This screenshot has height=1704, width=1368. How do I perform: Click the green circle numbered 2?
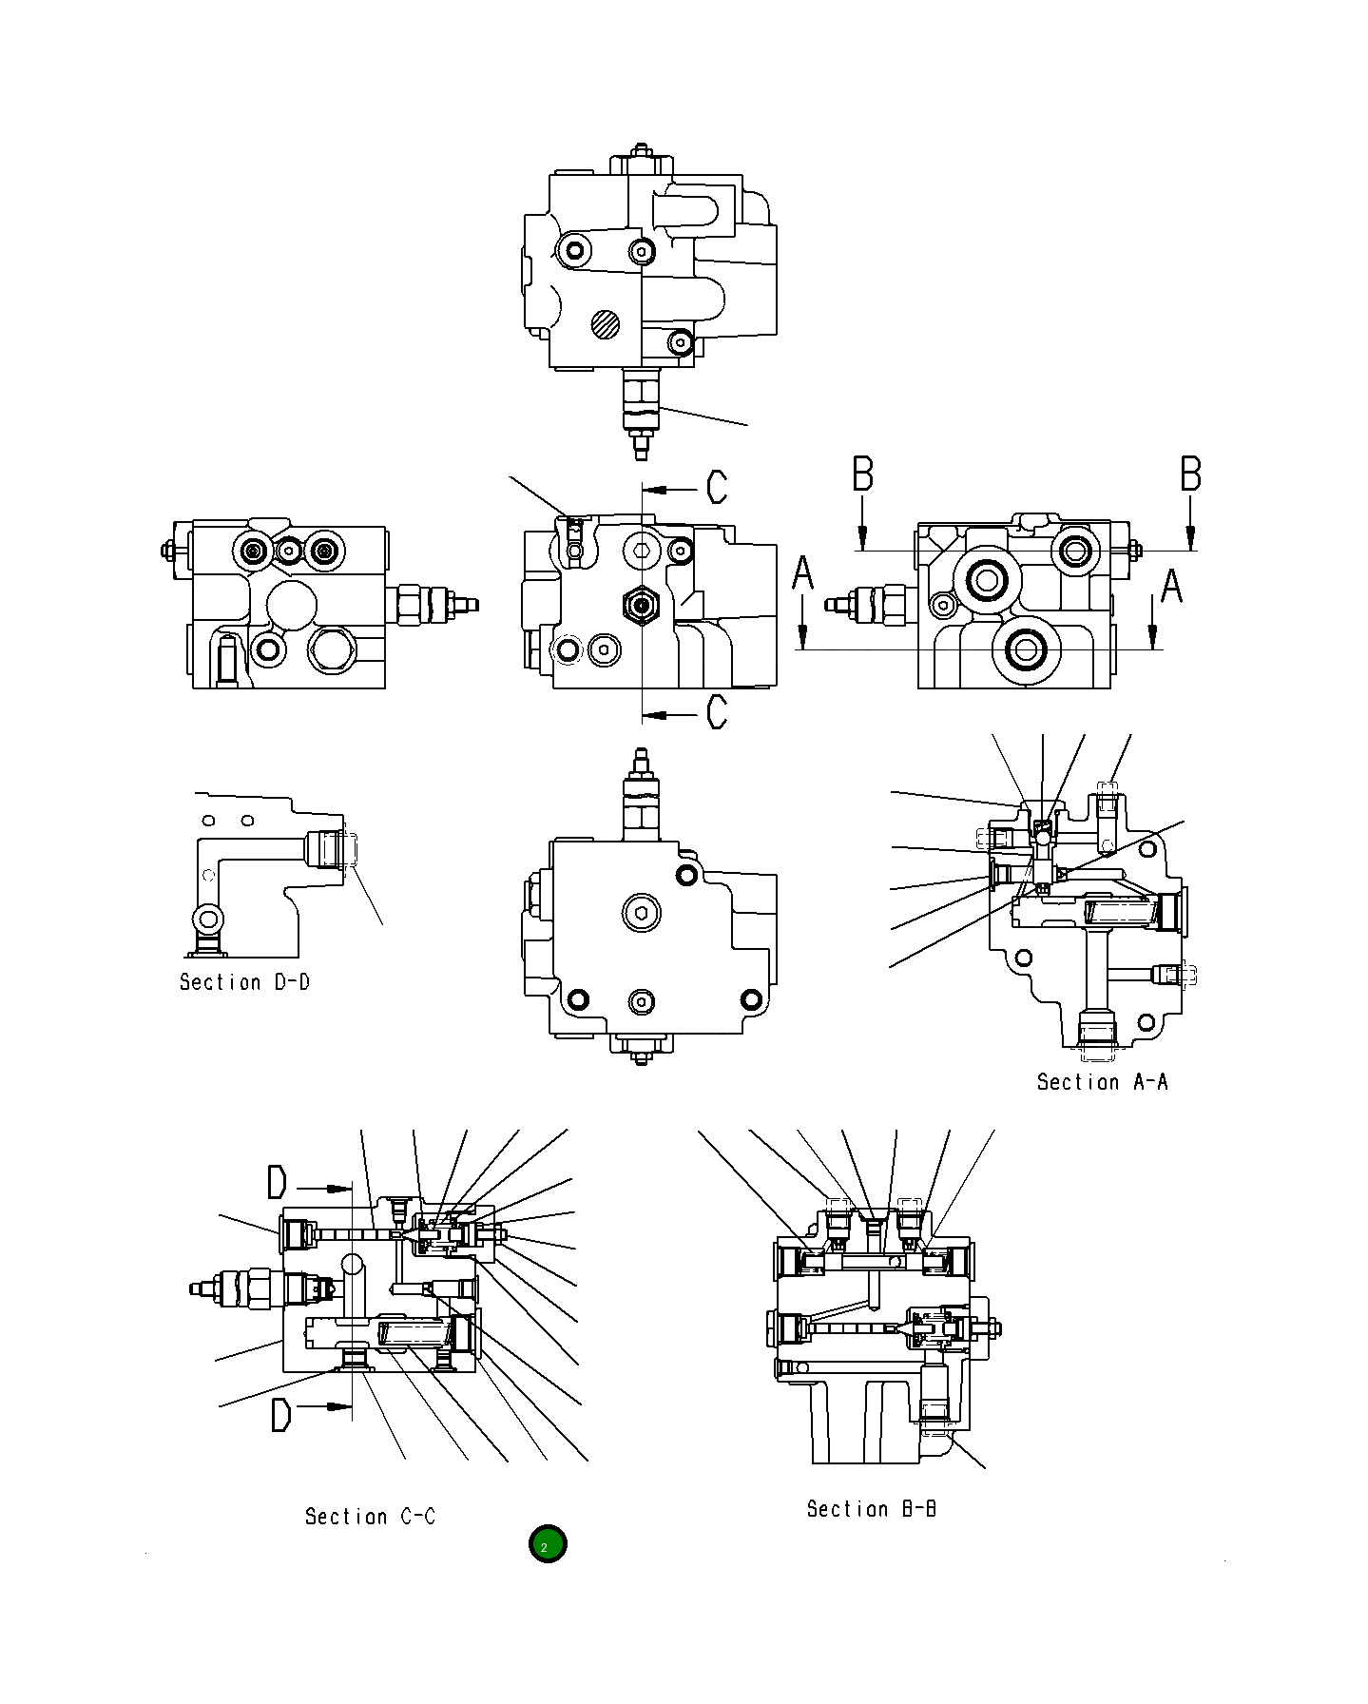547,1543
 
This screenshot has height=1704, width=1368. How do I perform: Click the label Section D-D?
244,982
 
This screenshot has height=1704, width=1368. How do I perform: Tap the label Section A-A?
1102,1082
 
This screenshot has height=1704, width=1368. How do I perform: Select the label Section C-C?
370,1517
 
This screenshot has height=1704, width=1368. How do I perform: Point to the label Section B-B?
871,1509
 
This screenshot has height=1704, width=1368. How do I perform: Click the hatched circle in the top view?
605,324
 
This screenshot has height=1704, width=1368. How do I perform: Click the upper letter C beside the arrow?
717,487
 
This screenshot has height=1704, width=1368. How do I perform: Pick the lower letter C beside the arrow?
717,711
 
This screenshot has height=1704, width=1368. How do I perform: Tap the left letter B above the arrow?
862,474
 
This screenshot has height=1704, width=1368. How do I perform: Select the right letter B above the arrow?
1190,474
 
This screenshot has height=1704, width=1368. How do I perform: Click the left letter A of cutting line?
803,574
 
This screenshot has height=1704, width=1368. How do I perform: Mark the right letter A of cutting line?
1171,585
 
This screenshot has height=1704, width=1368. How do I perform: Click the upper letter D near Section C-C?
277,1183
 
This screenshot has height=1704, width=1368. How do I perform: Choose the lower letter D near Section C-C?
280,1415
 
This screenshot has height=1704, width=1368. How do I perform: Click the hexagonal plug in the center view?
642,604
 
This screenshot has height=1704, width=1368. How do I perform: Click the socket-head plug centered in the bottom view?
643,915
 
